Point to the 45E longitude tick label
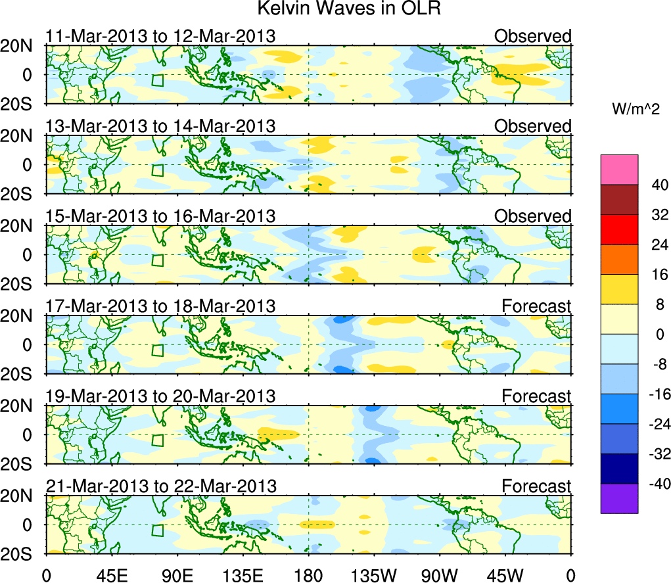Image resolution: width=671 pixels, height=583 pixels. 111,574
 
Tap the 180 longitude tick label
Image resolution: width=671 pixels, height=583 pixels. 308,574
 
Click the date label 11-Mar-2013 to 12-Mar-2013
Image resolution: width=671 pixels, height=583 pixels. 160,36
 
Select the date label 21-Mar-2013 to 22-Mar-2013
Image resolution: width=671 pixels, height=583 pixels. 161,486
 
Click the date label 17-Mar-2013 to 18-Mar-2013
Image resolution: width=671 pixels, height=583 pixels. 160,306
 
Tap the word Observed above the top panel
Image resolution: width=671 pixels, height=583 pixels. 533,36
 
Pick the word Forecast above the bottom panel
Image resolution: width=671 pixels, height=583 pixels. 536,486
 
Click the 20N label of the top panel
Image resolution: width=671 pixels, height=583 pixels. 22,46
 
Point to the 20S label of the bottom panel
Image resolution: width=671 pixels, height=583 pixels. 22,553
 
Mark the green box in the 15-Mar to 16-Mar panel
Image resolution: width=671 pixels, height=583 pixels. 157,260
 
